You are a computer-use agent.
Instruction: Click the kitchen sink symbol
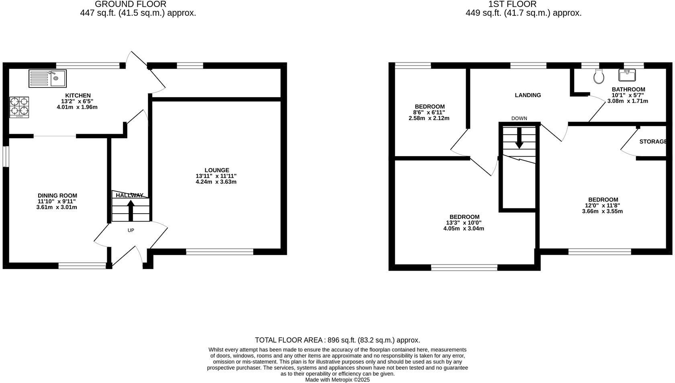click(47, 78)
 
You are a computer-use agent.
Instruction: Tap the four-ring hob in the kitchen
click(19, 107)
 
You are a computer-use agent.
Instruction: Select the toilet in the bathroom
click(599, 75)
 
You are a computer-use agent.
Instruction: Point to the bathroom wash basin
click(627, 75)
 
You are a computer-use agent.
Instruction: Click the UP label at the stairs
click(131, 230)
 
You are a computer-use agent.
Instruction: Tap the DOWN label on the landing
click(519, 118)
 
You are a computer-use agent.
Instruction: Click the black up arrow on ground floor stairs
click(131, 210)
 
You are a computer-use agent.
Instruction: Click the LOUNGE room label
click(217, 170)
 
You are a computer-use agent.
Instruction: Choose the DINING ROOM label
click(57, 196)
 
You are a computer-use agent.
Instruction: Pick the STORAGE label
click(653, 142)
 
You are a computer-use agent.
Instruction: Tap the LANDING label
click(528, 95)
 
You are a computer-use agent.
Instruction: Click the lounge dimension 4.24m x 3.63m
click(216, 182)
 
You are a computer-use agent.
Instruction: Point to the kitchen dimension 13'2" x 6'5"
click(77, 101)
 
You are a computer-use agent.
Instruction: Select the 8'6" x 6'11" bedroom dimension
click(430, 112)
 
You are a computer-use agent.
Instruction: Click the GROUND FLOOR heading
click(131, 4)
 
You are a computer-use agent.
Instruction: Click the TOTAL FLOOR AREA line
click(337, 340)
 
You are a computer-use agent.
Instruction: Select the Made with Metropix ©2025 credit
click(337, 380)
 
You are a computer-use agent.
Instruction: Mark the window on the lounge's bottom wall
click(220, 252)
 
